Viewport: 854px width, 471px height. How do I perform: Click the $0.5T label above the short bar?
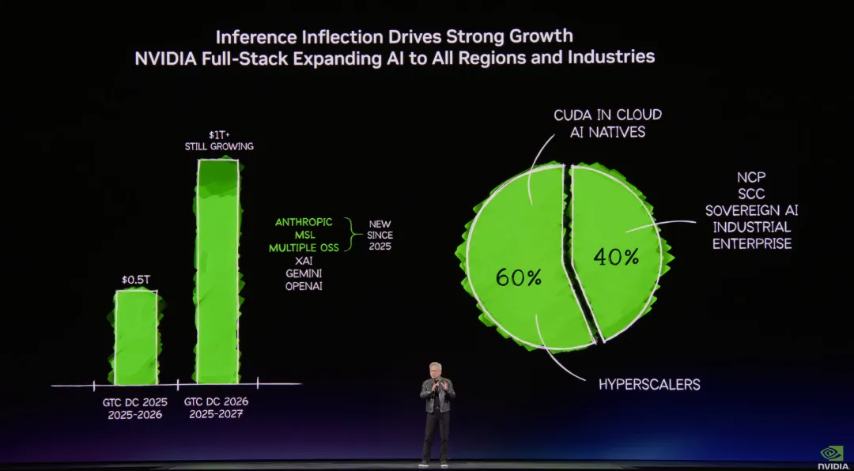136,280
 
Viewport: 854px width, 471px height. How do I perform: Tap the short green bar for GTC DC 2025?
136,337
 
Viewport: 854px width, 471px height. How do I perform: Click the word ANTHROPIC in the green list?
304,222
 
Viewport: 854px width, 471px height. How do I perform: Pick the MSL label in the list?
304,235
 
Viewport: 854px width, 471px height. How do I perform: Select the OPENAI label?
304,285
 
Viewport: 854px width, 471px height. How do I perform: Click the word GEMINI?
304,273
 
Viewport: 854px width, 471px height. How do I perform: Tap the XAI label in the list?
304,260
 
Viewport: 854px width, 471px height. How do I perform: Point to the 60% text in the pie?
518,277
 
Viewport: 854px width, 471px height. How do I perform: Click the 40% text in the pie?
618,257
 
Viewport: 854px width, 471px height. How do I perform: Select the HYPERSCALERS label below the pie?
649,385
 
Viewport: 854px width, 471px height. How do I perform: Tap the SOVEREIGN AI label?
751,210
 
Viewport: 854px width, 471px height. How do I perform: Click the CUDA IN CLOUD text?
607,115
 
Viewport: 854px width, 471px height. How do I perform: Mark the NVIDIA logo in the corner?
831,456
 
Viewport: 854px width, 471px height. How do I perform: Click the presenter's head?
436,369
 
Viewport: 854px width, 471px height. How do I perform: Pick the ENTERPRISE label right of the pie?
751,244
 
